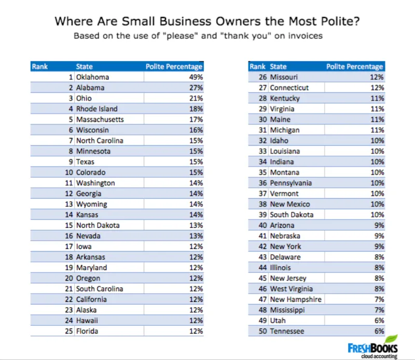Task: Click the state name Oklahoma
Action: tap(92, 77)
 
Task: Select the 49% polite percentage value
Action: tap(196, 77)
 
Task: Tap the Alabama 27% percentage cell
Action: tap(196, 88)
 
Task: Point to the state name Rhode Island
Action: tap(96, 109)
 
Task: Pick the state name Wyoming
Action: tap(91, 204)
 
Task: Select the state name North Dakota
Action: tap(98, 225)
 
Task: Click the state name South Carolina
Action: tap(100, 288)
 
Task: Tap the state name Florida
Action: tap(87, 331)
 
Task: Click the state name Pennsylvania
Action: tap(291, 183)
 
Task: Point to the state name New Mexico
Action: tap(289, 204)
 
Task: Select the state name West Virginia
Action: tap(292, 288)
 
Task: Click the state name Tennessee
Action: tap(287, 331)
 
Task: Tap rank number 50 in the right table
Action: tap(262, 331)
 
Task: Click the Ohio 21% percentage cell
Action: tap(196, 98)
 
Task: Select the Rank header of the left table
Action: tap(39, 66)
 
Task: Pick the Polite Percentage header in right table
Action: tap(354, 66)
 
